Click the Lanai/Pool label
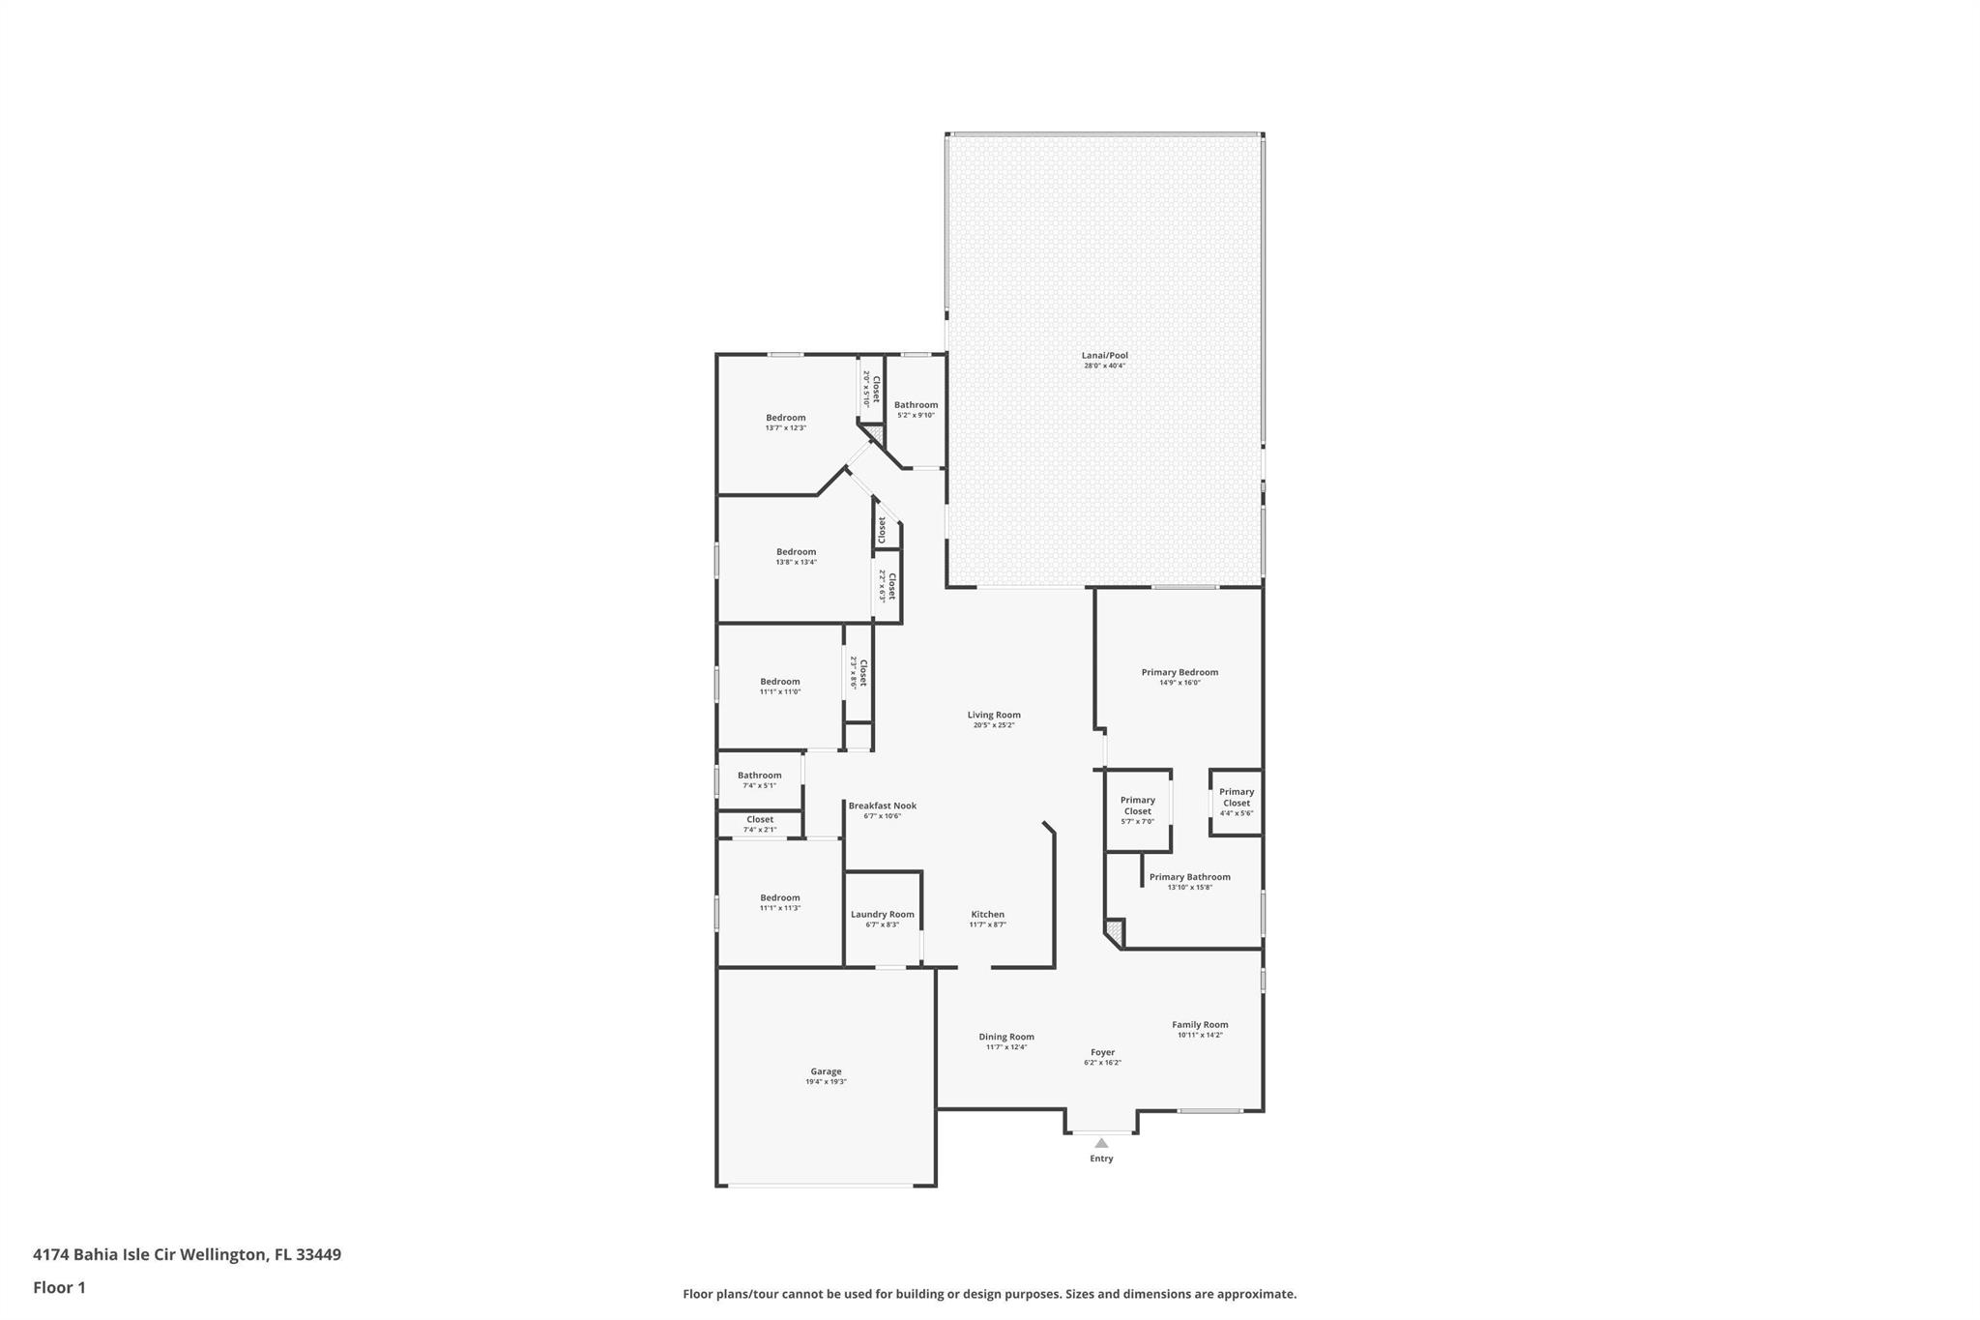pos(1104,356)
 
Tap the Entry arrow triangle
pos(1101,1143)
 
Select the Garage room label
pos(826,1071)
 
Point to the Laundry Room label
pos(882,915)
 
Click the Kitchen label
pos(987,915)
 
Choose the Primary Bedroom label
pos(1179,672)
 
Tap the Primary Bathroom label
pos(1189,877)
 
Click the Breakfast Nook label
pos(882,806)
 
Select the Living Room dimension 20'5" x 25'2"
pos(994,725)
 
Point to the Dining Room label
pos(1006,1037)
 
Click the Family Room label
pos(1200,1025)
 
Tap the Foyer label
pos(1102,1052)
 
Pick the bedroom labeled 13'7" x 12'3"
pos(785,423)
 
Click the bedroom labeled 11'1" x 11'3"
pos(779,902)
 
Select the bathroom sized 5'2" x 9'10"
pos(916,409)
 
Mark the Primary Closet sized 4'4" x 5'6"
pos(1236,802)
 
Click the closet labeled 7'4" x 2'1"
pos(759,824)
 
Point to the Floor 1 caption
pos(59,1288)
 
